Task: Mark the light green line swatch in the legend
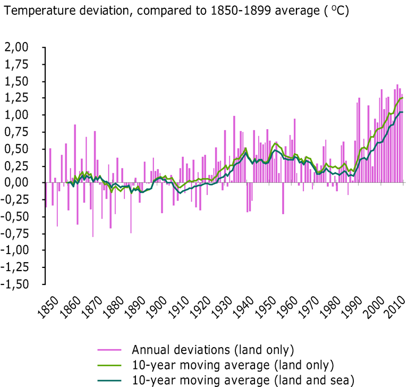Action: [x=110, y=365]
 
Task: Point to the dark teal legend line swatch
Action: [x=110, y=379]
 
